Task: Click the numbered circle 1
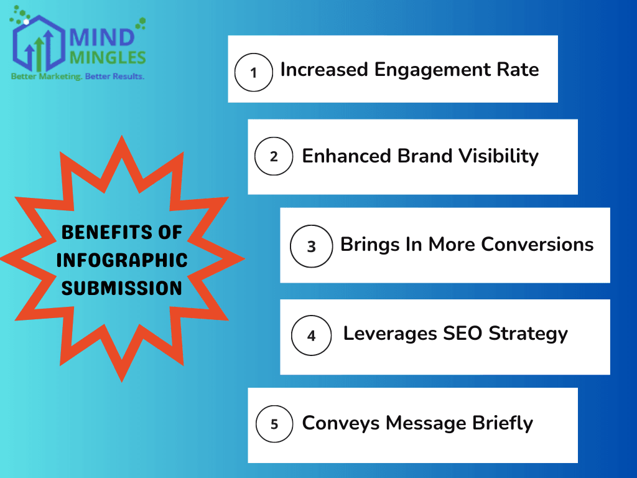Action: [x=253, y=73]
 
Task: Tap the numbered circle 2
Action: [x=274, y=156]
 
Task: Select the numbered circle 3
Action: [x=311, y=246]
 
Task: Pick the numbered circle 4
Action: [x=311, y=335]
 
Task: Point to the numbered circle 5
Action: [x=274, y=424]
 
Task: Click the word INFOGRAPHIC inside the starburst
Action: [x=122, y=260]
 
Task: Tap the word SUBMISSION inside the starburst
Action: [x=122, y=288]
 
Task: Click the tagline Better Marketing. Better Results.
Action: [x=77, y=77]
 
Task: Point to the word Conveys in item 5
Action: [x=341, y=423]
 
